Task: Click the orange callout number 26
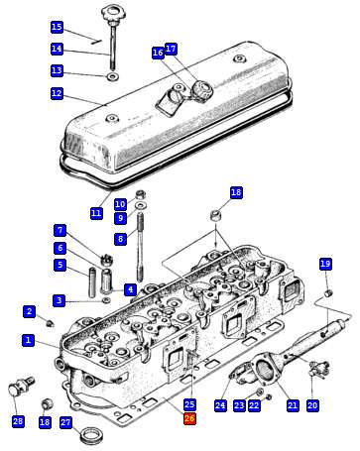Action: pyautogui.click(x=189, y=418)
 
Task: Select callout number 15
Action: pyautogui.click(x=57, y=27)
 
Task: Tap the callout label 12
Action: pyautogui.click(x=57, y=93)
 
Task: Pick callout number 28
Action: pyautogui.click(x=18, y=421)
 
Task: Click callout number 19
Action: pyautogui.click(x=325, y=264)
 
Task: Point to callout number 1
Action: pyautogui.click(x=29, y=340)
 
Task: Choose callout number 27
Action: pyautogui.click(x=65, y=422)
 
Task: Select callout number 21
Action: pyautogui.click(x=293, y=405)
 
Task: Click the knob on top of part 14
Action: pyautogui.click(x=113, y=14)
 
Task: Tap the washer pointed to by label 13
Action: pyautogui.click(x=113, y=77)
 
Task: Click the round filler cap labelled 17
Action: pyautogui.click(x=202, y=88)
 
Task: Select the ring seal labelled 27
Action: pyautogui.click(x=90, y=435)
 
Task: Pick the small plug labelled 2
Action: pyautogui.click(x=50, y=323)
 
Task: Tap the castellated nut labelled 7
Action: pyautogui.click(x=107, y=259)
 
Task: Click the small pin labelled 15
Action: pyautogui.click(x=96, y=42)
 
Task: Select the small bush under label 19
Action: pyautogui.click(x=328, y=292)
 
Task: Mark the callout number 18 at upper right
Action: pyautogui.click(x=236, y=192)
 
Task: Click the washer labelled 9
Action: pyautogui.click(x=142, y=206)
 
